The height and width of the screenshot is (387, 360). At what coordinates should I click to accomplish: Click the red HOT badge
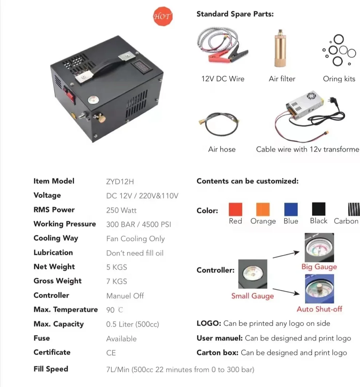tap(162, 16)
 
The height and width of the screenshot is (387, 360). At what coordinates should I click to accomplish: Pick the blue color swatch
tap(291, 210)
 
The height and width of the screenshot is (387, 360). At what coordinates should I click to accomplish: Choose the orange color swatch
tap(263, 210)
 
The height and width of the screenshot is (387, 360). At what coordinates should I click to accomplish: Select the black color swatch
tap(319, 210)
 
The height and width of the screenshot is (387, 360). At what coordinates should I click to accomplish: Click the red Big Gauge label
tap(319, 267)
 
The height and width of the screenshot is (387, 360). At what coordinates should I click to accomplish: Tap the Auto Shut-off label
tap(319, 309)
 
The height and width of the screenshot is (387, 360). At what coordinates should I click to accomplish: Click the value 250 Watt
tap(121, 210)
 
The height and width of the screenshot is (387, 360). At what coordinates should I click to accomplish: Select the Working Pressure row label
tap(64, 224)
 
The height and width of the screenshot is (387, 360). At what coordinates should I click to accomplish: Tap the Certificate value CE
tap(111, 352)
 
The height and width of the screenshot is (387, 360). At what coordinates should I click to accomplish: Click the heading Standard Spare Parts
tap(235, 14)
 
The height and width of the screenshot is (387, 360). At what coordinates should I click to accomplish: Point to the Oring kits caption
tap(339, 79)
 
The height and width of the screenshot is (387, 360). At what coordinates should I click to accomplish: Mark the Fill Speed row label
tap(51, 369)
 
